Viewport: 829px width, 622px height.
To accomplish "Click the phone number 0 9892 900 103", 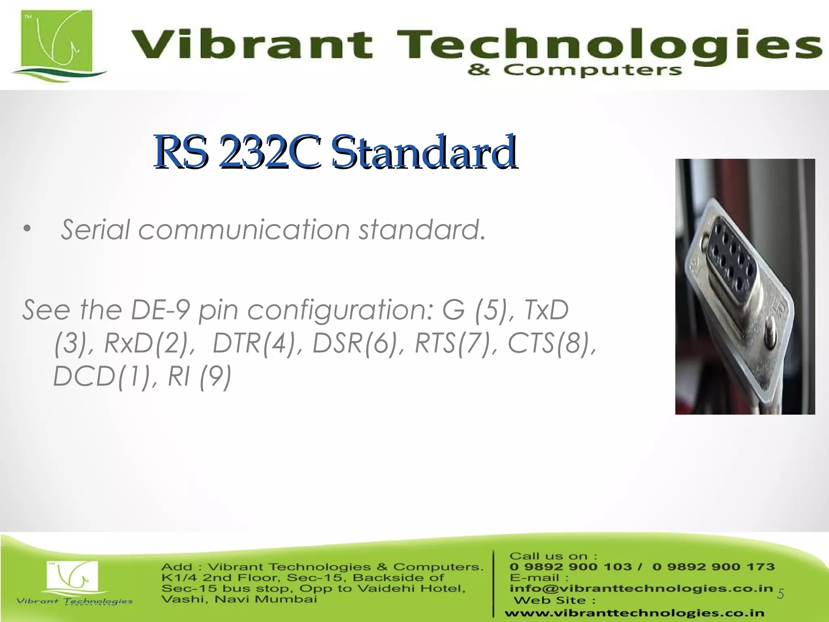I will pos(570,567).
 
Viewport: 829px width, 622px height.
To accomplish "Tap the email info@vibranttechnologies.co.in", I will pos(641,588).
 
